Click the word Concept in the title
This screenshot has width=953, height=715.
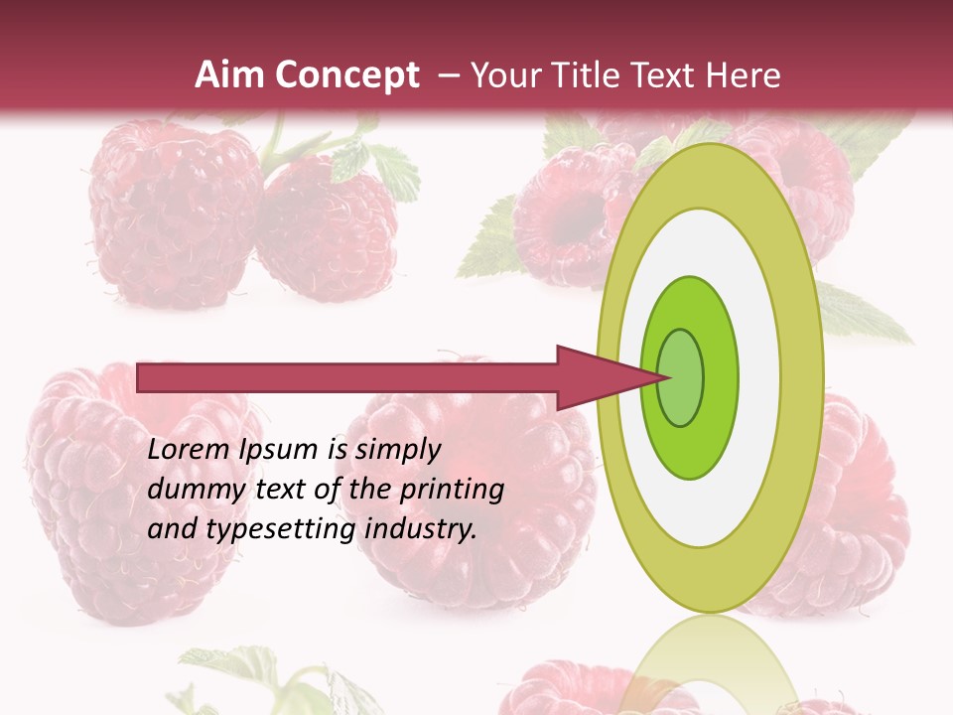click(346, 76)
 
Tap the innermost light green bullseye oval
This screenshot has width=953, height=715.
click(681, 377)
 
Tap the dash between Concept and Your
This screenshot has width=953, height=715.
click(449, 75)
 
